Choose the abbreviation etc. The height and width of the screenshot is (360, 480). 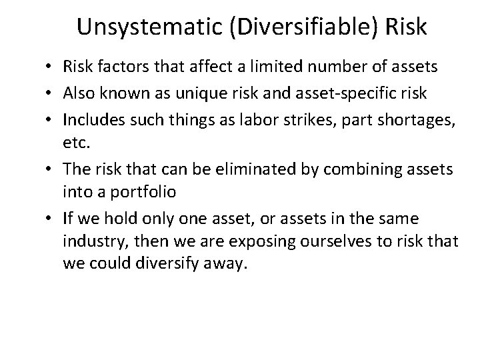(x=75, y=141)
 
